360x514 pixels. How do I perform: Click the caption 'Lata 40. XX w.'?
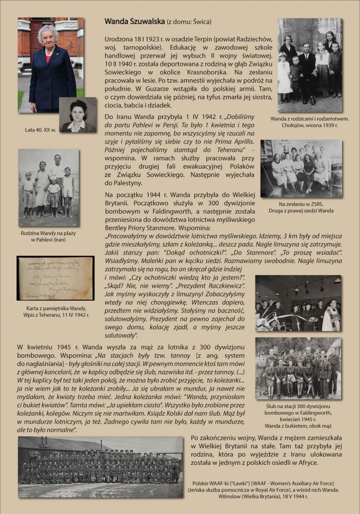41,130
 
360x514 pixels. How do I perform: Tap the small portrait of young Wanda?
77,115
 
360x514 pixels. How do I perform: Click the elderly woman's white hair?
48,31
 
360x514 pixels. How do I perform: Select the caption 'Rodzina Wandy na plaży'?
49,233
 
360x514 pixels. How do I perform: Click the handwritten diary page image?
55,278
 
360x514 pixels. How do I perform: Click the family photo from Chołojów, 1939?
310,65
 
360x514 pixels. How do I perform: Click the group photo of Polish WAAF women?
100,467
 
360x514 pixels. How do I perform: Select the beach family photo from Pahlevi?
49,187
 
